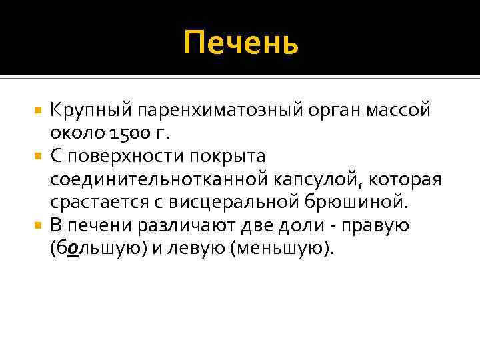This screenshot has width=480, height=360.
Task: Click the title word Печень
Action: click(x=241, y=43)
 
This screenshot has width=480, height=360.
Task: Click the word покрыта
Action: click(x=227, y=156)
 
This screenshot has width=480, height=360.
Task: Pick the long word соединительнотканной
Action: click(x=160, y=179)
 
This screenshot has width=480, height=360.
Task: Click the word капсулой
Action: click(x=321, y=179)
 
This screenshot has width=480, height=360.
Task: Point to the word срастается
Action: click(x=92, y=201)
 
